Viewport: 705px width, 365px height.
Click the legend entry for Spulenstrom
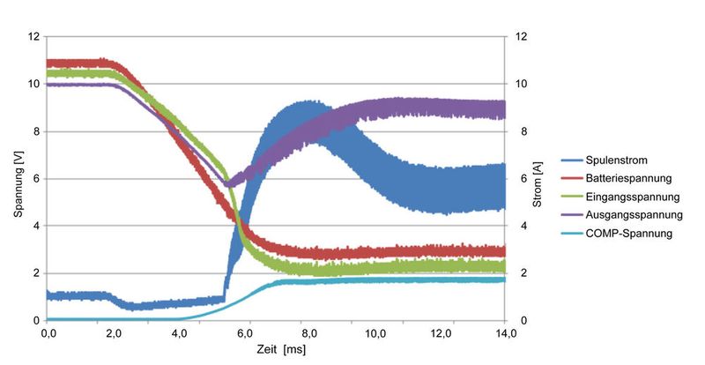(617, 160)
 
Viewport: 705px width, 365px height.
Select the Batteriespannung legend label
(624, 178)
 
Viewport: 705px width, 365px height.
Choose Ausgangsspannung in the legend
(627, 214)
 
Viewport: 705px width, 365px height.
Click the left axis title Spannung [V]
(18, 178)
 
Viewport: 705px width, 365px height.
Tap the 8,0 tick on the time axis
(309, 334)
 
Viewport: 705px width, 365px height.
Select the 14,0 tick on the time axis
(505, 334)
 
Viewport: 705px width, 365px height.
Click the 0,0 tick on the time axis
(48, 334)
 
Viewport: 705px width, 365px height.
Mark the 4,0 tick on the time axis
(179, 334)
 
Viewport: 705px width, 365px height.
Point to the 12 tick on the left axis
(34, 37)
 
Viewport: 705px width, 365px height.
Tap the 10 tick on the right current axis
(522, 85)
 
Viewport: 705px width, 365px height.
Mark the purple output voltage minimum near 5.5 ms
(227, 184)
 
